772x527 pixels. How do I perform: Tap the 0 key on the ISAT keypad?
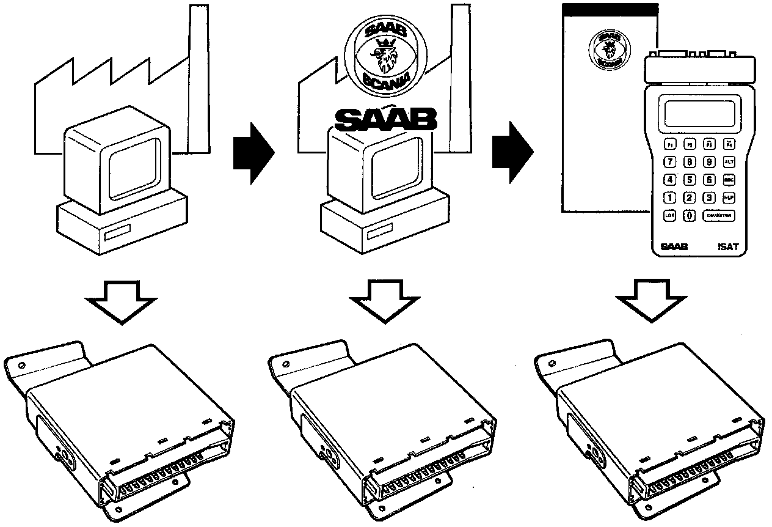pyautogui.click(x=688, y=215)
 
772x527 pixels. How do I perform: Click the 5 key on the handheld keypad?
pyautogui.click(x=689, y=180)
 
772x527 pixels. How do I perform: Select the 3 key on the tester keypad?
pyautogui.click(x=708, y=197)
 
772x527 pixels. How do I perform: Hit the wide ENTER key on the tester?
pyautogui.click(x=718, y=215)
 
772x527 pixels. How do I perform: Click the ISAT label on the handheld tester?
pyautogui.click(x=728, y=248)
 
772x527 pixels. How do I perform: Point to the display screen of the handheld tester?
pyautogui.click(x=699, y=114)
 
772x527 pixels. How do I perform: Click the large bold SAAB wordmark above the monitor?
pyautogui.click(x=385, y=120)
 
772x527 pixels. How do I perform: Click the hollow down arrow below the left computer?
pyautogui.click(x=122, y=300)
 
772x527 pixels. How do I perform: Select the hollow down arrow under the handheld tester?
pyautogui.click(x=650, y=300)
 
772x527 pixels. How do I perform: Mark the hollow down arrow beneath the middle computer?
pyautogui.click(x=385, y=300)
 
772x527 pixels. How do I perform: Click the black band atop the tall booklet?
pyautogui.click(x=610, y=9)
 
